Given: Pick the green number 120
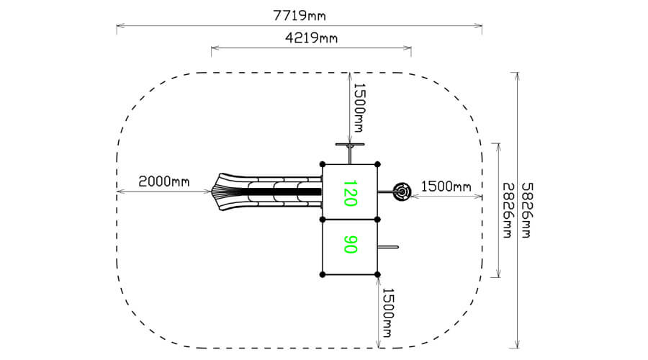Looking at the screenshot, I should [350, 193].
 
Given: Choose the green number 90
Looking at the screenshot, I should [350, 245].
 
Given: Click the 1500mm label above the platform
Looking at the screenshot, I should [359, 104].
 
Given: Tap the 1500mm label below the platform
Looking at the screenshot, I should [387, 312].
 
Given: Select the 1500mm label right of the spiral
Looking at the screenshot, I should [445, 186].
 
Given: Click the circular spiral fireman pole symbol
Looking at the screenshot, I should [402, 192].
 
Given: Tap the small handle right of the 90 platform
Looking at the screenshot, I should [389, 248].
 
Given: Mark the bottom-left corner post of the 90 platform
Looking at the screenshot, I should [323, 274].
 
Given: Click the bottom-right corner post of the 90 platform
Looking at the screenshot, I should [378, 274].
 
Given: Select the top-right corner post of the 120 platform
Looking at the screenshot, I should [378, 165].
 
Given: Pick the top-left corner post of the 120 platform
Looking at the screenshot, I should [323, 165].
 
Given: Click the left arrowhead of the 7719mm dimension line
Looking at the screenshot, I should [119, 27].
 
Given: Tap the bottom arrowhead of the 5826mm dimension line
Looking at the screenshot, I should [516, 346].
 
